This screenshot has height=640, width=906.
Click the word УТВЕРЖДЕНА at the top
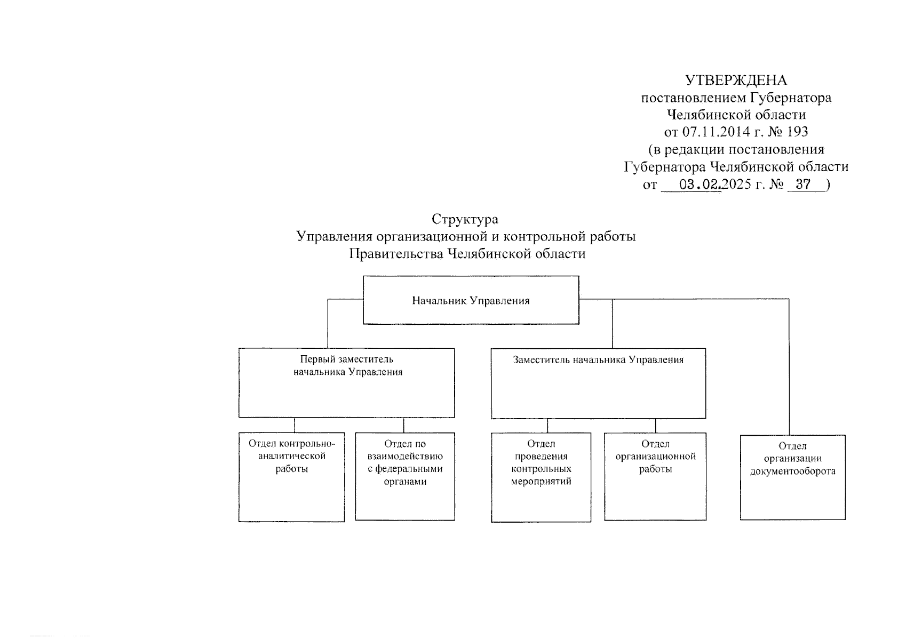[x=736, y=81]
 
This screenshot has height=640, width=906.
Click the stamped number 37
[x=802, y=185]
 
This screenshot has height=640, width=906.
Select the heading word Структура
[x=465, y=219]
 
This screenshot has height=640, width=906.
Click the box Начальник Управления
[x=471, y=300]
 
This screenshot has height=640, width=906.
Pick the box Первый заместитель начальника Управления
[x=347, y=383]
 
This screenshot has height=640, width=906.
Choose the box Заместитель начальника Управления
[x=598, y=383]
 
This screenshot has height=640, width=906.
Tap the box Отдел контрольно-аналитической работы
[x=291, y=477]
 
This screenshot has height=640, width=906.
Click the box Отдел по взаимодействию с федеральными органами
[x=405, y=476]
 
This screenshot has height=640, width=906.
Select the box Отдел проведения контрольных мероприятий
[x=541, y=477]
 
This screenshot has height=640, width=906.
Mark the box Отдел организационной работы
[x=655, y=476]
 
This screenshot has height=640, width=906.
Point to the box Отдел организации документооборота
[x=792, y=477]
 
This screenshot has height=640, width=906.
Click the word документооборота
[x=793, y=471]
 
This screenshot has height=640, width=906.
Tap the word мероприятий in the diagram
[x=541, y=482]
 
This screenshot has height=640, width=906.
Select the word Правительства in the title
[x=395, y=254]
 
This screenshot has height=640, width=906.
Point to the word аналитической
[x=292, y=457]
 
